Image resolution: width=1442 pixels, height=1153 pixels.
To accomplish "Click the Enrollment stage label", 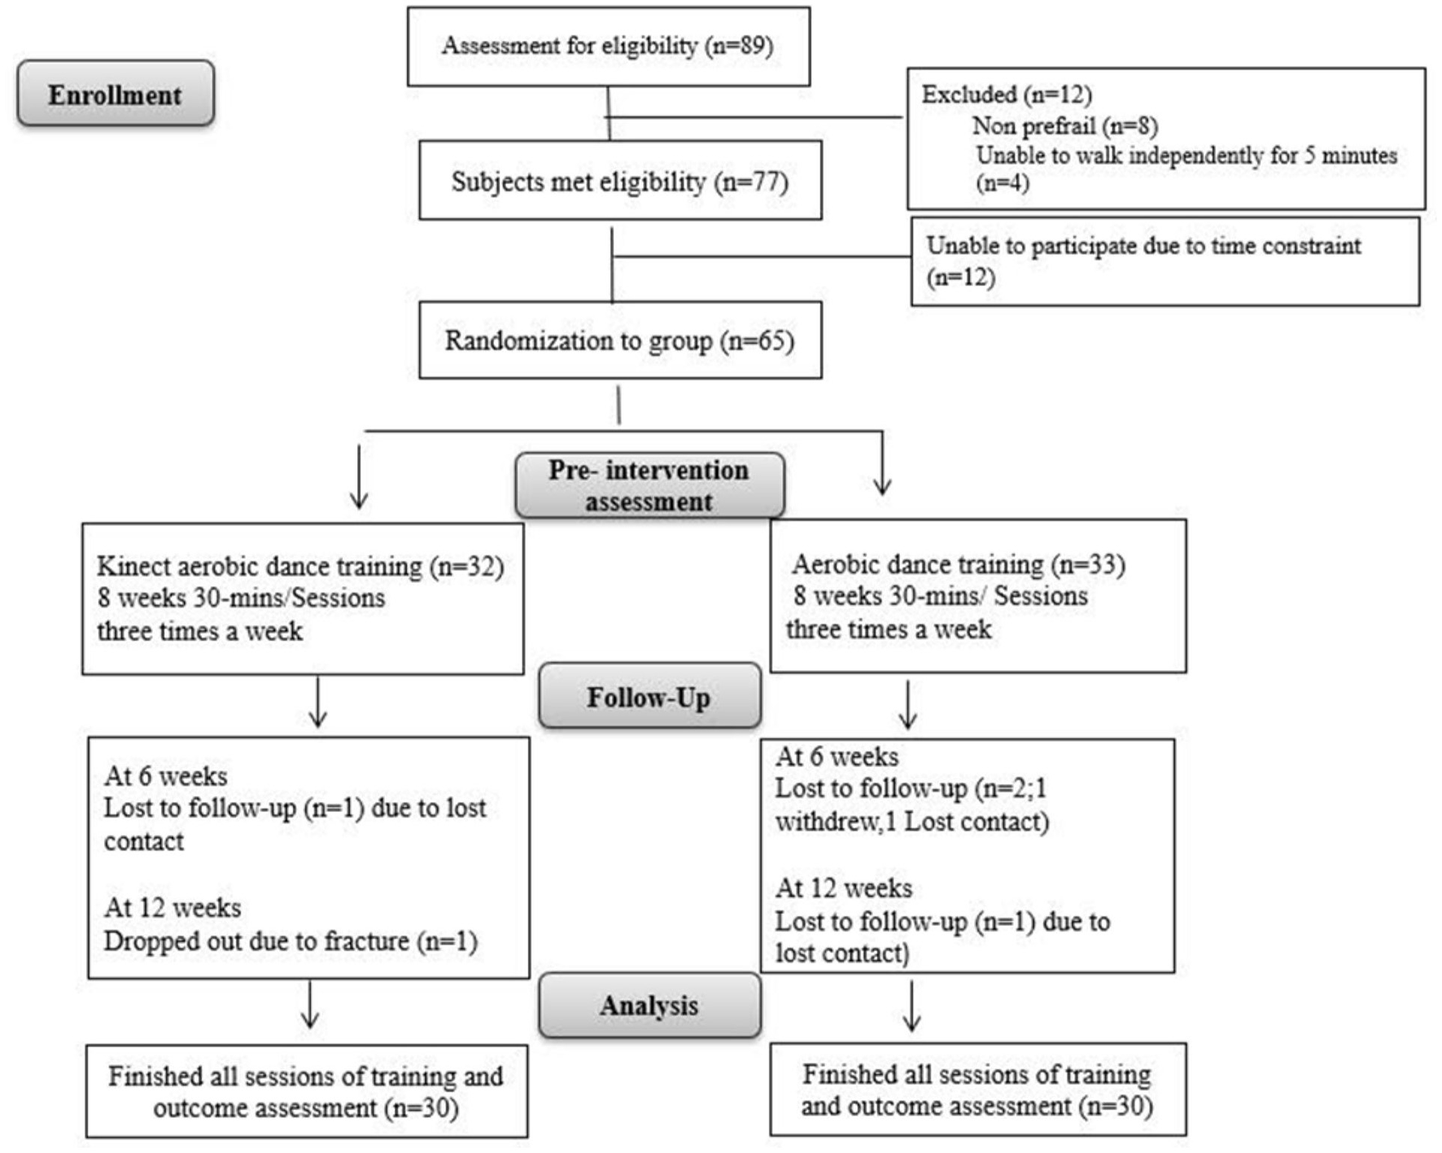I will point(116,94).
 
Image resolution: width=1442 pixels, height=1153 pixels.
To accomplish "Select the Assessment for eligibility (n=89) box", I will point(608,46).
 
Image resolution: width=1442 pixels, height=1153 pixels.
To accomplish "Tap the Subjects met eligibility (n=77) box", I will point(620,180).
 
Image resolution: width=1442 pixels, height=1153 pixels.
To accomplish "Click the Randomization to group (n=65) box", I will point(620,340).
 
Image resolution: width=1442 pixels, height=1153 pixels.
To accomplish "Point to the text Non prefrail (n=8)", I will point(1064,126).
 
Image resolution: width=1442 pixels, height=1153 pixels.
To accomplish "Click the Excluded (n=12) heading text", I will point(1006,94).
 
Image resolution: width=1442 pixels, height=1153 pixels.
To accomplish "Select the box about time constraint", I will point(1165,261).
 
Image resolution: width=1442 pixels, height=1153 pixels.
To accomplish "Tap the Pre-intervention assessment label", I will point(649,485).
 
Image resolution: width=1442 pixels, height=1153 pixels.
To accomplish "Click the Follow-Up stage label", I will point(649,697).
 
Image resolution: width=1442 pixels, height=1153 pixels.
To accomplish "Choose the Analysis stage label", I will point(649,1006).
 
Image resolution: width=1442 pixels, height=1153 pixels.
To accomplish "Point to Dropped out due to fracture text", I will point(290,941).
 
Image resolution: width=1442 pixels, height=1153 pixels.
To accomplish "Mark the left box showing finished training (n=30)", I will point(306,1092).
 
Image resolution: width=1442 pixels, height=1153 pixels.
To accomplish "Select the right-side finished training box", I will point(977,1089).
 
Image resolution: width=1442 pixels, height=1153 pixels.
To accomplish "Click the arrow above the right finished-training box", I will point(911,1006).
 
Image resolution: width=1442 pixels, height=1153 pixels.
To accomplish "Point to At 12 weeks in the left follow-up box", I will point(173,907).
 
